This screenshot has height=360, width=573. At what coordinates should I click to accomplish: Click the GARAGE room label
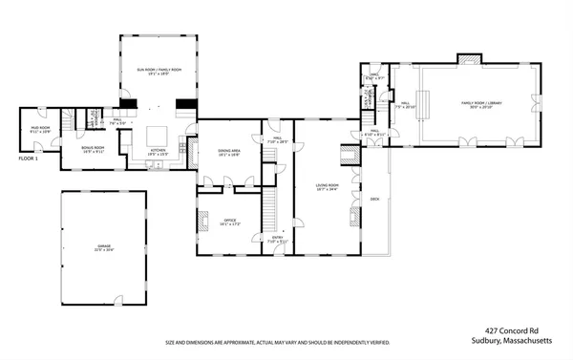103,247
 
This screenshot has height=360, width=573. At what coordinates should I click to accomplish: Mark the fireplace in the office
202,222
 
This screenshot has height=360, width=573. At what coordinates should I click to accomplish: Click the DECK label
375,199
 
